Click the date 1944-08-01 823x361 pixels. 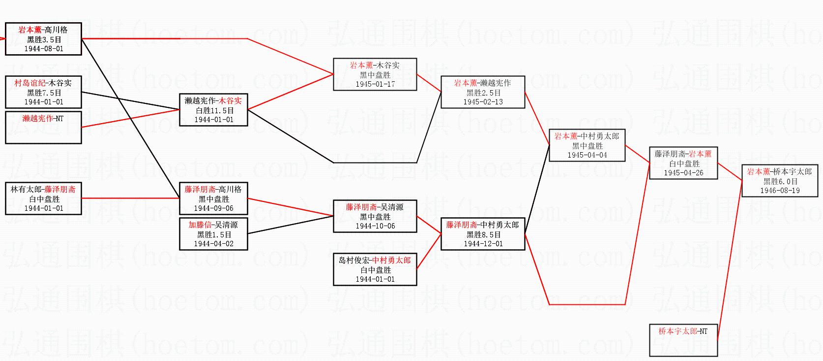(x=44, y=49)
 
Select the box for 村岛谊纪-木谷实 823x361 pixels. (x=43, y=92)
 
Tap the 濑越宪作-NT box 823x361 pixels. (x=43, y=127)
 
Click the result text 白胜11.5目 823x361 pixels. (x=213, y=110)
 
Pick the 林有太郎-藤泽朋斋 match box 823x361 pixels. (x=43, y=198)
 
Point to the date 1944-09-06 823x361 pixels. (x=213, y=208)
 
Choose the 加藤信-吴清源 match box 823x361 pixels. (x=213, y=234)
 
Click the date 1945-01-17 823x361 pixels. (x=375, y=84)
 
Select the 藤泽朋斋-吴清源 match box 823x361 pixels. (x=375, y=216)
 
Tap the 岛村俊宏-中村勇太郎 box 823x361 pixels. (x=375, y=269)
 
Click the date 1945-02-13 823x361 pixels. (x=483, y=102)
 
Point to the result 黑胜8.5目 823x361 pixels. (x=483, y=234)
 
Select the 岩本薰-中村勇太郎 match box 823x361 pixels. (x=587, y=145)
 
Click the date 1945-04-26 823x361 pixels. (x=683, y=173)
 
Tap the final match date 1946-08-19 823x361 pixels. (x=780, y=191)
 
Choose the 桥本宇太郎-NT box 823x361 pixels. (x=683, y=340)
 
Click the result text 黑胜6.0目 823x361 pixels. (x=780, y=181)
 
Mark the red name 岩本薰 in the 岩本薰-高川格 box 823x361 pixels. (x=30, y=30)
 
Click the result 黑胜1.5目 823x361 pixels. (x=213, y=234)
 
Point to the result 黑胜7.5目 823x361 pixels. (x=44, y=93)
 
